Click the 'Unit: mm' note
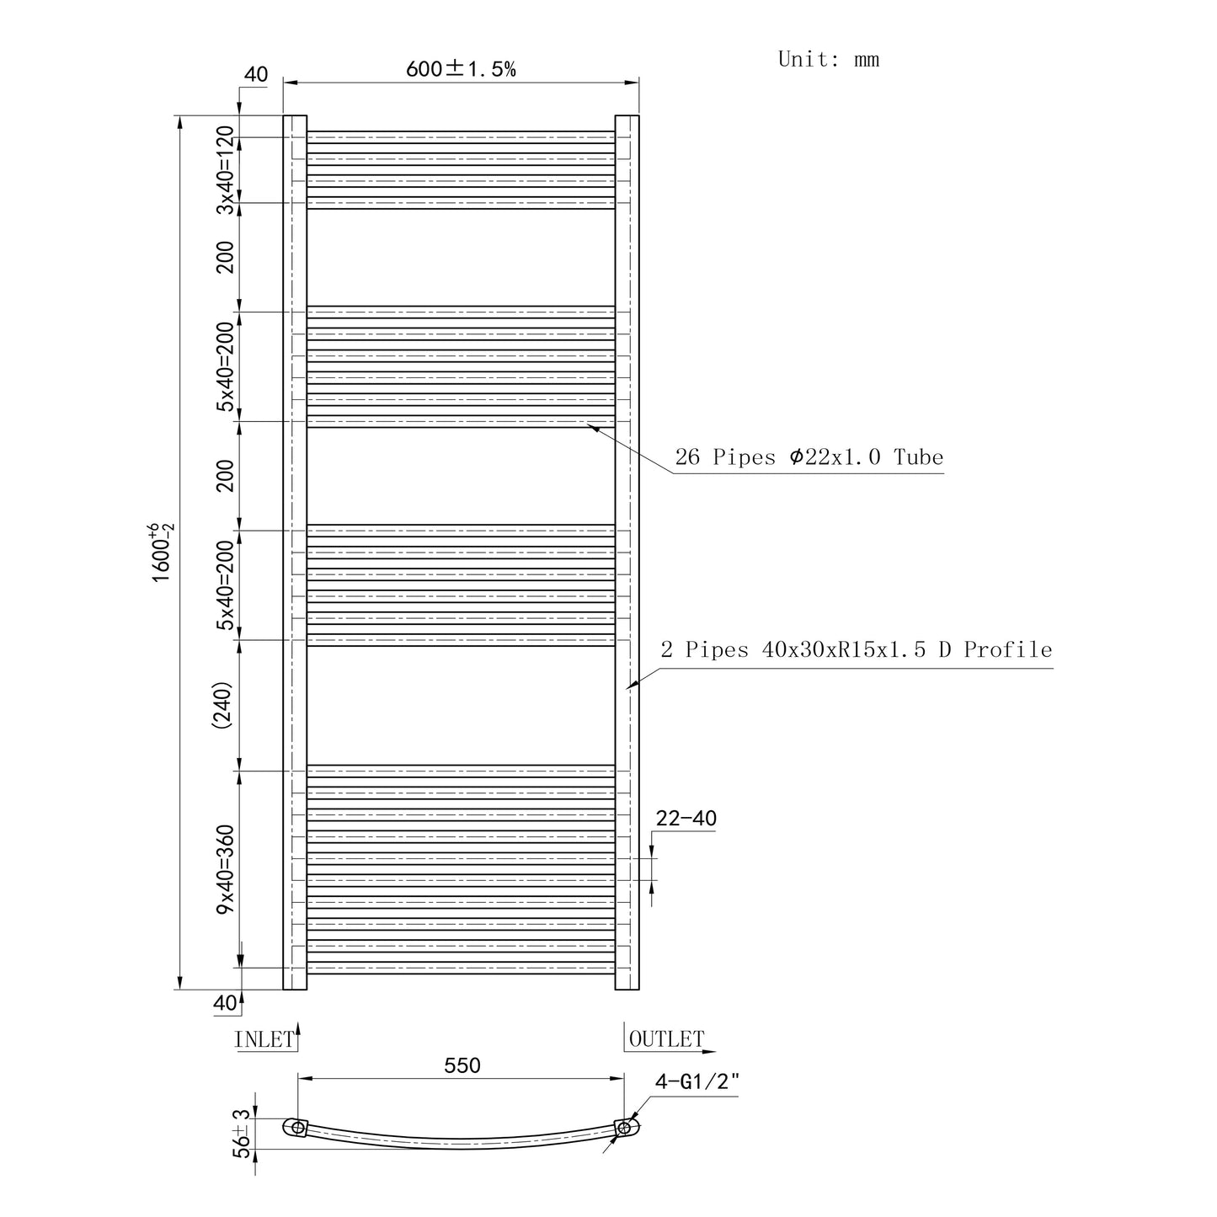[x=828, y=59]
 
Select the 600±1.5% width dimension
[x=461, y=68]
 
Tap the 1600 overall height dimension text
[x=162, y=552]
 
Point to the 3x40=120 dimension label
[x=225, y=170]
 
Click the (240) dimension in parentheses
[x=222, y=705]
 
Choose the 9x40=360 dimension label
[x=225, y=869]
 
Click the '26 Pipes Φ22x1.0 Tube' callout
[x=809, y=456]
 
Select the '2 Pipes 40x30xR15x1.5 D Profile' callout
[x=857, y=649]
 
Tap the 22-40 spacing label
[x=686, y=819]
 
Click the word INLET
[x=264, y=1039]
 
